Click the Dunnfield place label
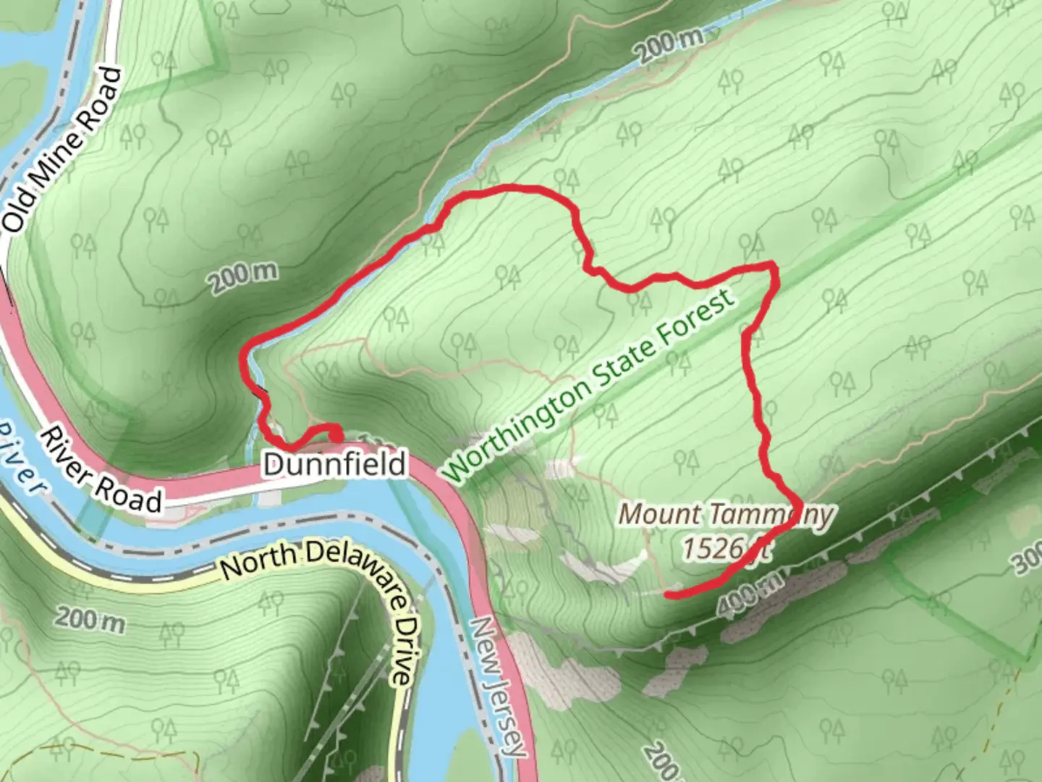(334, 464)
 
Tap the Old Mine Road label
(64, 149)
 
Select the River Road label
(101, 471)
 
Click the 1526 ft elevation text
(724, 548)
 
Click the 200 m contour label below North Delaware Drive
(89, 620)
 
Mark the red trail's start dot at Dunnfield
(336, 434)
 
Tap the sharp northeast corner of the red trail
(774, 266)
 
